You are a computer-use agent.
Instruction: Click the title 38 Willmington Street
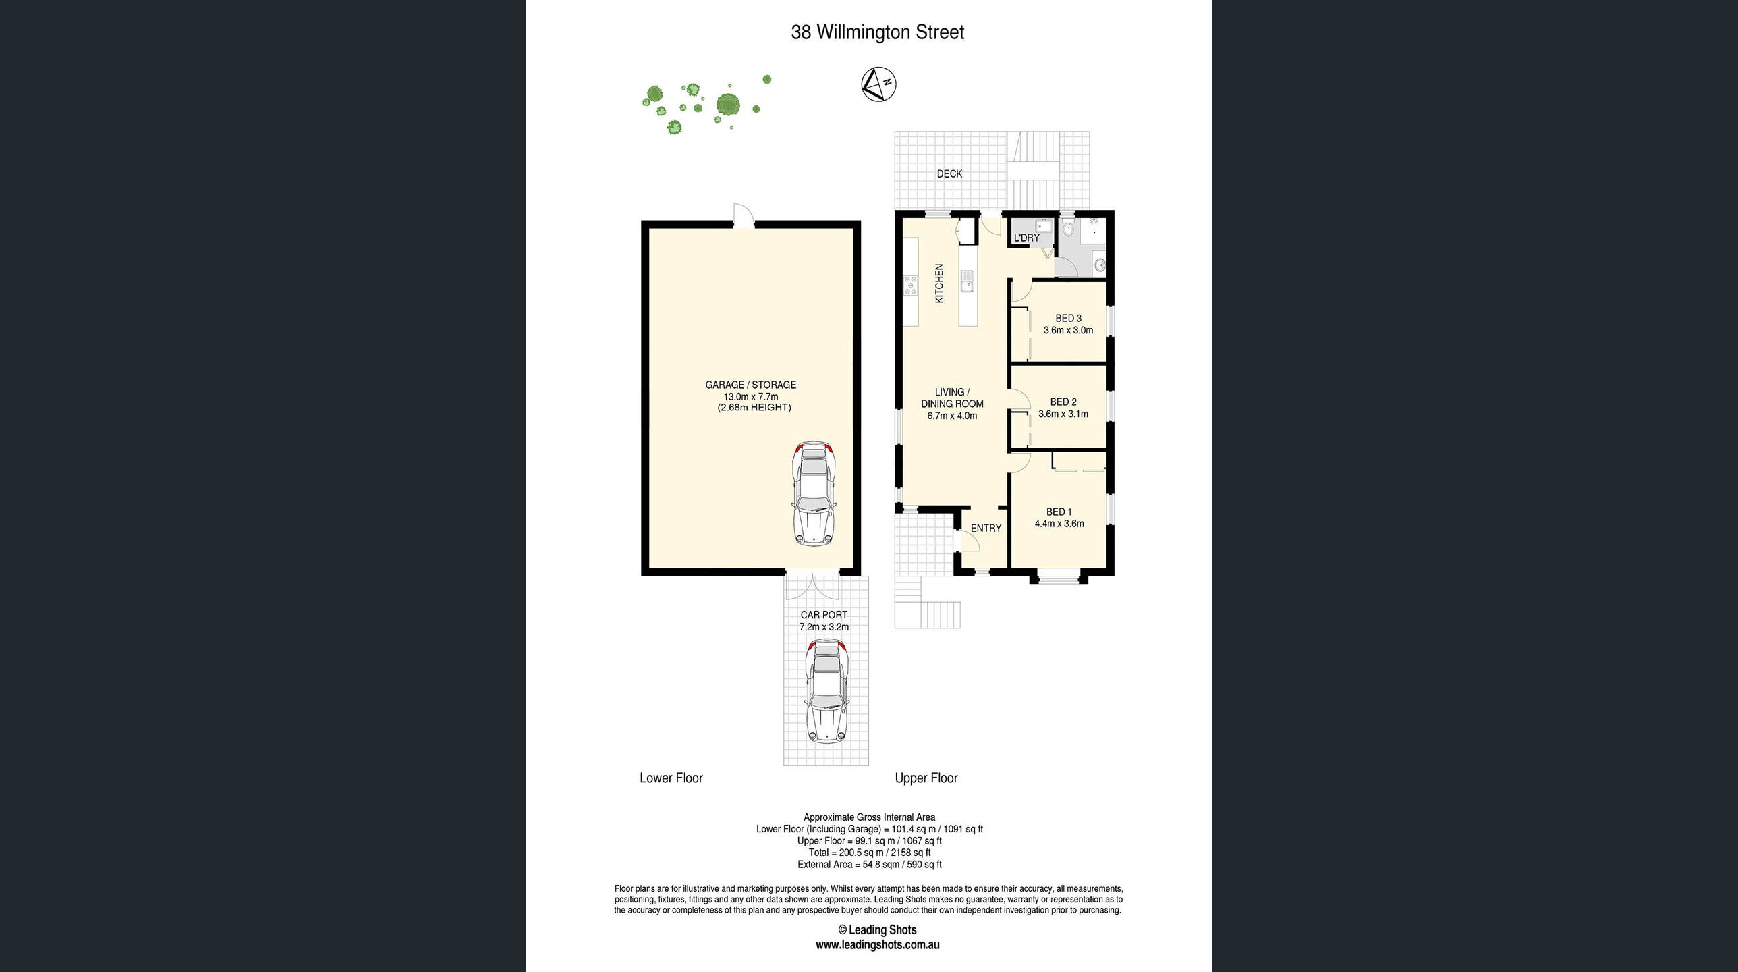(877, 32)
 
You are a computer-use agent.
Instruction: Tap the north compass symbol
(878, 85)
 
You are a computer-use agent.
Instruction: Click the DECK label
(949, 174)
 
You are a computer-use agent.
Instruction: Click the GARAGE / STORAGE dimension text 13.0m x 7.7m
(751, 397)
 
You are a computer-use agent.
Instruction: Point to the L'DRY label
(1026, 238)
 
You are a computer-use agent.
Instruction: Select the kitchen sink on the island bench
(967, 281)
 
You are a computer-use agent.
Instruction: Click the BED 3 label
(1068, 318)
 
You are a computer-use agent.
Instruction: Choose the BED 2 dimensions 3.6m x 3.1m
(1063, 414)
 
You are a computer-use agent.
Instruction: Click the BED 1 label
(1059, 512)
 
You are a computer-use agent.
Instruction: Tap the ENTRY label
(986, 529)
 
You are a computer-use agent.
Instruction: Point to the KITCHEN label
(938, 283)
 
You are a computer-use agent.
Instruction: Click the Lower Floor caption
(671, 778)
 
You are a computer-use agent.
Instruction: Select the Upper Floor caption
(926, 778)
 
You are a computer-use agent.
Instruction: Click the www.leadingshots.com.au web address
(877, 945)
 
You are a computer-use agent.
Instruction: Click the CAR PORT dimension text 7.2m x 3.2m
(824, 627)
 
